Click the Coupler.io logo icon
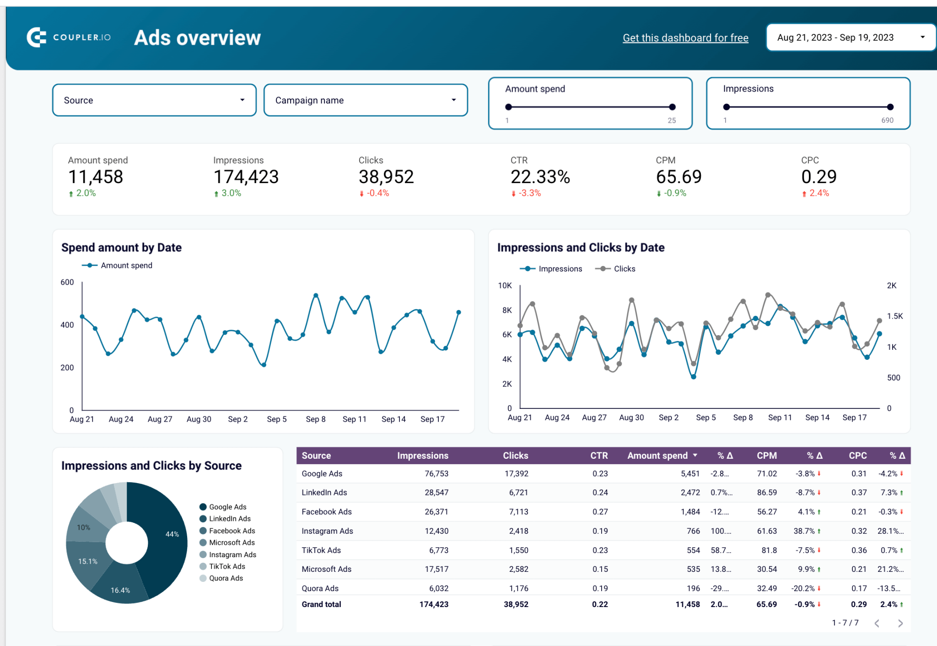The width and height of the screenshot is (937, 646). pyautogui.click(x=37, y=38)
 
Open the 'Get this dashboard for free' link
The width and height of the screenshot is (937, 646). pyautogui.click(x=685, y=38)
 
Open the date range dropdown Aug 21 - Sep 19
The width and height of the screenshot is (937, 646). pyautogui.click(x=850, y=38)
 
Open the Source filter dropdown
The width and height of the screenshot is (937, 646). pyautogui.click(x=154, y=100)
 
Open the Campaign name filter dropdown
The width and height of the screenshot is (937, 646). pyautogui.click(x=365, y=100)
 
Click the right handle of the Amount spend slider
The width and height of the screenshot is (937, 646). pyautogui.click(x=672, y=107)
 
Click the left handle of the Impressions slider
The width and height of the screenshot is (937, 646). pyautogui.click(x=727, y=107)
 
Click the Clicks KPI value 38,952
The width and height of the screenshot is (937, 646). pyautogui.click(x=386, y=177)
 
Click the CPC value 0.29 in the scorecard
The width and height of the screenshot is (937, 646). pyautogui.click(x=819, y=177)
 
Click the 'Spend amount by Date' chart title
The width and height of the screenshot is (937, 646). pyautogui.click(x=121, y=248)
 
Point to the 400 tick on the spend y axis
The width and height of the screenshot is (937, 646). pyautogui.click(x=67, y=325)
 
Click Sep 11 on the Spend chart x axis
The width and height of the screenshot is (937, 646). pyautogui.click(x=354, y=419)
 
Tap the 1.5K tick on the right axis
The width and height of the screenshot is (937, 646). pyautogui.click(x=894, y=316)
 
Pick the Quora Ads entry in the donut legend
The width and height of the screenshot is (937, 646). pyautogui.click(x=226, y=578)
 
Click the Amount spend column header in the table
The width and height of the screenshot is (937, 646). pyautogui.click(x=657, y=456)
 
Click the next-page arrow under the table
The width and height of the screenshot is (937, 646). pyautogui.click(x=900, y=623)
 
